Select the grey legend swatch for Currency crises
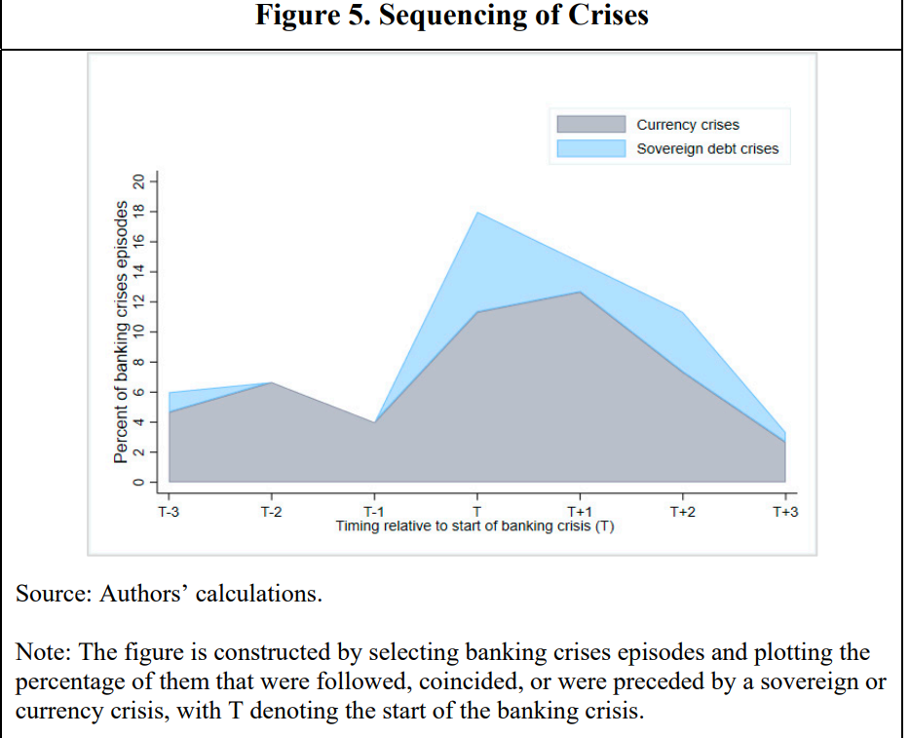click(590, 125)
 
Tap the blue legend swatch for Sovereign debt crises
click(590, 149)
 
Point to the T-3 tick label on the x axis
click(169, 512)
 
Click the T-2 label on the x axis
click(271, 512)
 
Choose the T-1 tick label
click(373, 512)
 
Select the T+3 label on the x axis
click(785, 512)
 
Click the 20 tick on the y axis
click(138, 181)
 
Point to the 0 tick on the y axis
click(138, 483)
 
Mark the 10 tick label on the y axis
click(138, 331)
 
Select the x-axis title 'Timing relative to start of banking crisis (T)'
click(474, 526)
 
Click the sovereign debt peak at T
click(477, 213)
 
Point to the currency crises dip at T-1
click(374, 422)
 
